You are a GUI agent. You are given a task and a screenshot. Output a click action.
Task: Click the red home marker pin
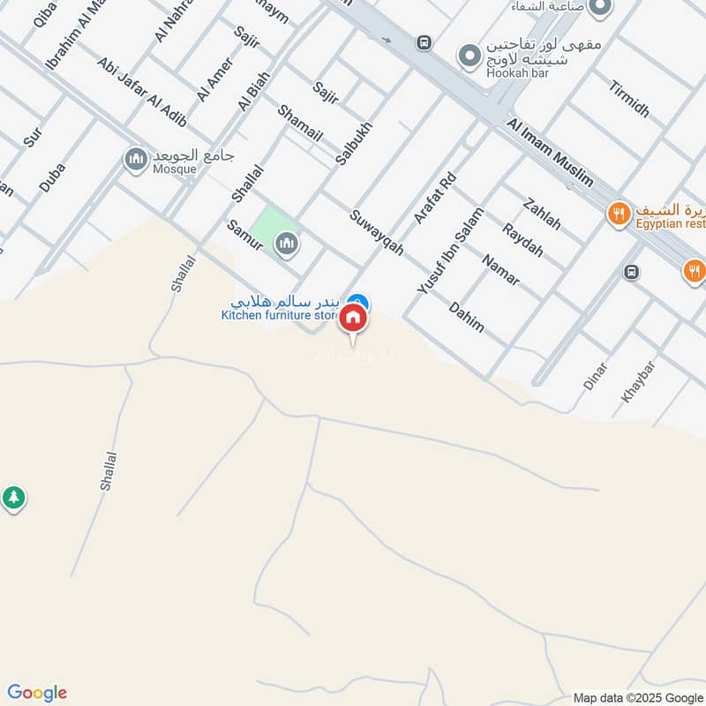[353, 319]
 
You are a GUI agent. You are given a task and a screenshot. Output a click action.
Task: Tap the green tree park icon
[12, 498]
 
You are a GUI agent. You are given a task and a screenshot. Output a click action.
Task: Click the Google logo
[37, 693]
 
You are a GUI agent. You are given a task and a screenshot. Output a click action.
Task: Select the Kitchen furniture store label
[280, 315]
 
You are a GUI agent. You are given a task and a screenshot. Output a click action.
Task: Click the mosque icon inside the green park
[286, 243]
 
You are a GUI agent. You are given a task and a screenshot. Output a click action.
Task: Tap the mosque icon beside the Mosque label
[136, 160]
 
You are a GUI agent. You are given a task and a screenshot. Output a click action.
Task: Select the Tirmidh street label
[628, 99]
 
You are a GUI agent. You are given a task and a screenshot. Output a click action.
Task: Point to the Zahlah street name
[542, 213]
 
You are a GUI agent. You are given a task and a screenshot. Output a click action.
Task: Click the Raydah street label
[522, 240]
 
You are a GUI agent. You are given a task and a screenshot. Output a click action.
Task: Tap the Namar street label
[501, 269]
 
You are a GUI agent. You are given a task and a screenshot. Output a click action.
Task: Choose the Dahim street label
[466, 317]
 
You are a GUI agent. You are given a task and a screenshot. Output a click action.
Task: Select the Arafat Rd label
[434, 199]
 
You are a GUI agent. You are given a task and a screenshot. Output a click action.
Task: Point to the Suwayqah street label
[376, 233]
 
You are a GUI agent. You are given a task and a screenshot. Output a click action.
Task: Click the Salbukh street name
[355, 143]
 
